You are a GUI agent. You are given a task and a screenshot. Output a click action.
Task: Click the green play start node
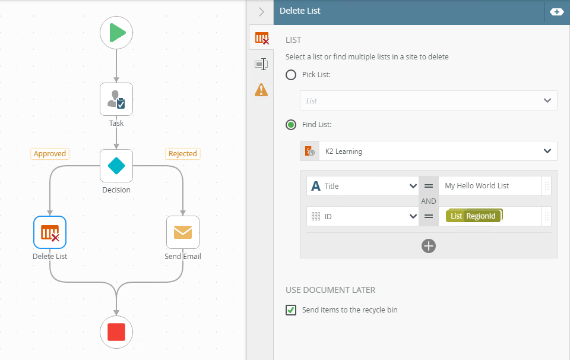click(116, 33)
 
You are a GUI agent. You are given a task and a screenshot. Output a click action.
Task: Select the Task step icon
click(116, 99)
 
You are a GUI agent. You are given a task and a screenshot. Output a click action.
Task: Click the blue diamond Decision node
click(116, 166)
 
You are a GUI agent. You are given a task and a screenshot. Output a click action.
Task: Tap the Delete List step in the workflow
click(50, 232)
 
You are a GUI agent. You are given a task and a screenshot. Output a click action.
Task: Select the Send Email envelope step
click(183, 232)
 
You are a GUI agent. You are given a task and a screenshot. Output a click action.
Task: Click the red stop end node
click(116, 332)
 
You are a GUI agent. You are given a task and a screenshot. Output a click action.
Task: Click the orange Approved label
click(50, 154)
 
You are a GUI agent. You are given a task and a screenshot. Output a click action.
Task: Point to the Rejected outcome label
click(183, 154)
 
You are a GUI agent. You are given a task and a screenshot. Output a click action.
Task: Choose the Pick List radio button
click(291, 75)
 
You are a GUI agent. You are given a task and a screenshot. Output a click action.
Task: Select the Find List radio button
click(291, 125)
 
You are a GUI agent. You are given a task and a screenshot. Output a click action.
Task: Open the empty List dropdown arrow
click(547, 101)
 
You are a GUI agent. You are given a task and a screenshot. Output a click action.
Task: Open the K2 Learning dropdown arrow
click(547, 151)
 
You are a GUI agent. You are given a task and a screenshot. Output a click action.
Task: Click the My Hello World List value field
click(490, 186)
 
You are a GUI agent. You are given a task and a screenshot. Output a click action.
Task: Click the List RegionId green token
click(474, 216)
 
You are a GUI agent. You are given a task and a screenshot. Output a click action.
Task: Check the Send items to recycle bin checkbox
click(291, 310)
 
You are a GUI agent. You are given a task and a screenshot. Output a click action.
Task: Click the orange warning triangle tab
click(261, 90)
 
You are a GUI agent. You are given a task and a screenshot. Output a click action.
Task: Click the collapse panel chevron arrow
click(261, 12)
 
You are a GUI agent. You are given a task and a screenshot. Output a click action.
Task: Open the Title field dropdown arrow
click(413, 186)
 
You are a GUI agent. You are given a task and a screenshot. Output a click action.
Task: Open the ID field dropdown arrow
click(413, 216)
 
